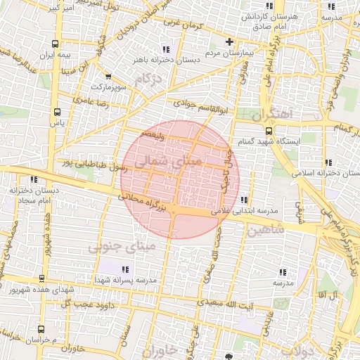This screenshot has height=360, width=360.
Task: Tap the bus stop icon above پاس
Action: click(x=57, y=111)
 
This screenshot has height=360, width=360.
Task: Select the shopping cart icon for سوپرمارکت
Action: click(x=108, y=77)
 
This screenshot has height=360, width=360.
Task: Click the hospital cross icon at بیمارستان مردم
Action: click(x=229, y=42)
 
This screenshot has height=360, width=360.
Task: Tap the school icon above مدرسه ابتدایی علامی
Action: click(x=243, y=200)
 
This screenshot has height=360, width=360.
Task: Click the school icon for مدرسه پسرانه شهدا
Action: click(x=125, y=269)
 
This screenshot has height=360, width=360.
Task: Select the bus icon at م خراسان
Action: click(x=41, y=329)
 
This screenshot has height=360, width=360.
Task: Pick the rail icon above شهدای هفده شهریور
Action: click(x=41, y=279)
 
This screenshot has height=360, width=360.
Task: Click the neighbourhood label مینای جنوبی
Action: click(x=112, y=247)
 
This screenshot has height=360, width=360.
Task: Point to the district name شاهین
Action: click(x=266, y=229)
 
